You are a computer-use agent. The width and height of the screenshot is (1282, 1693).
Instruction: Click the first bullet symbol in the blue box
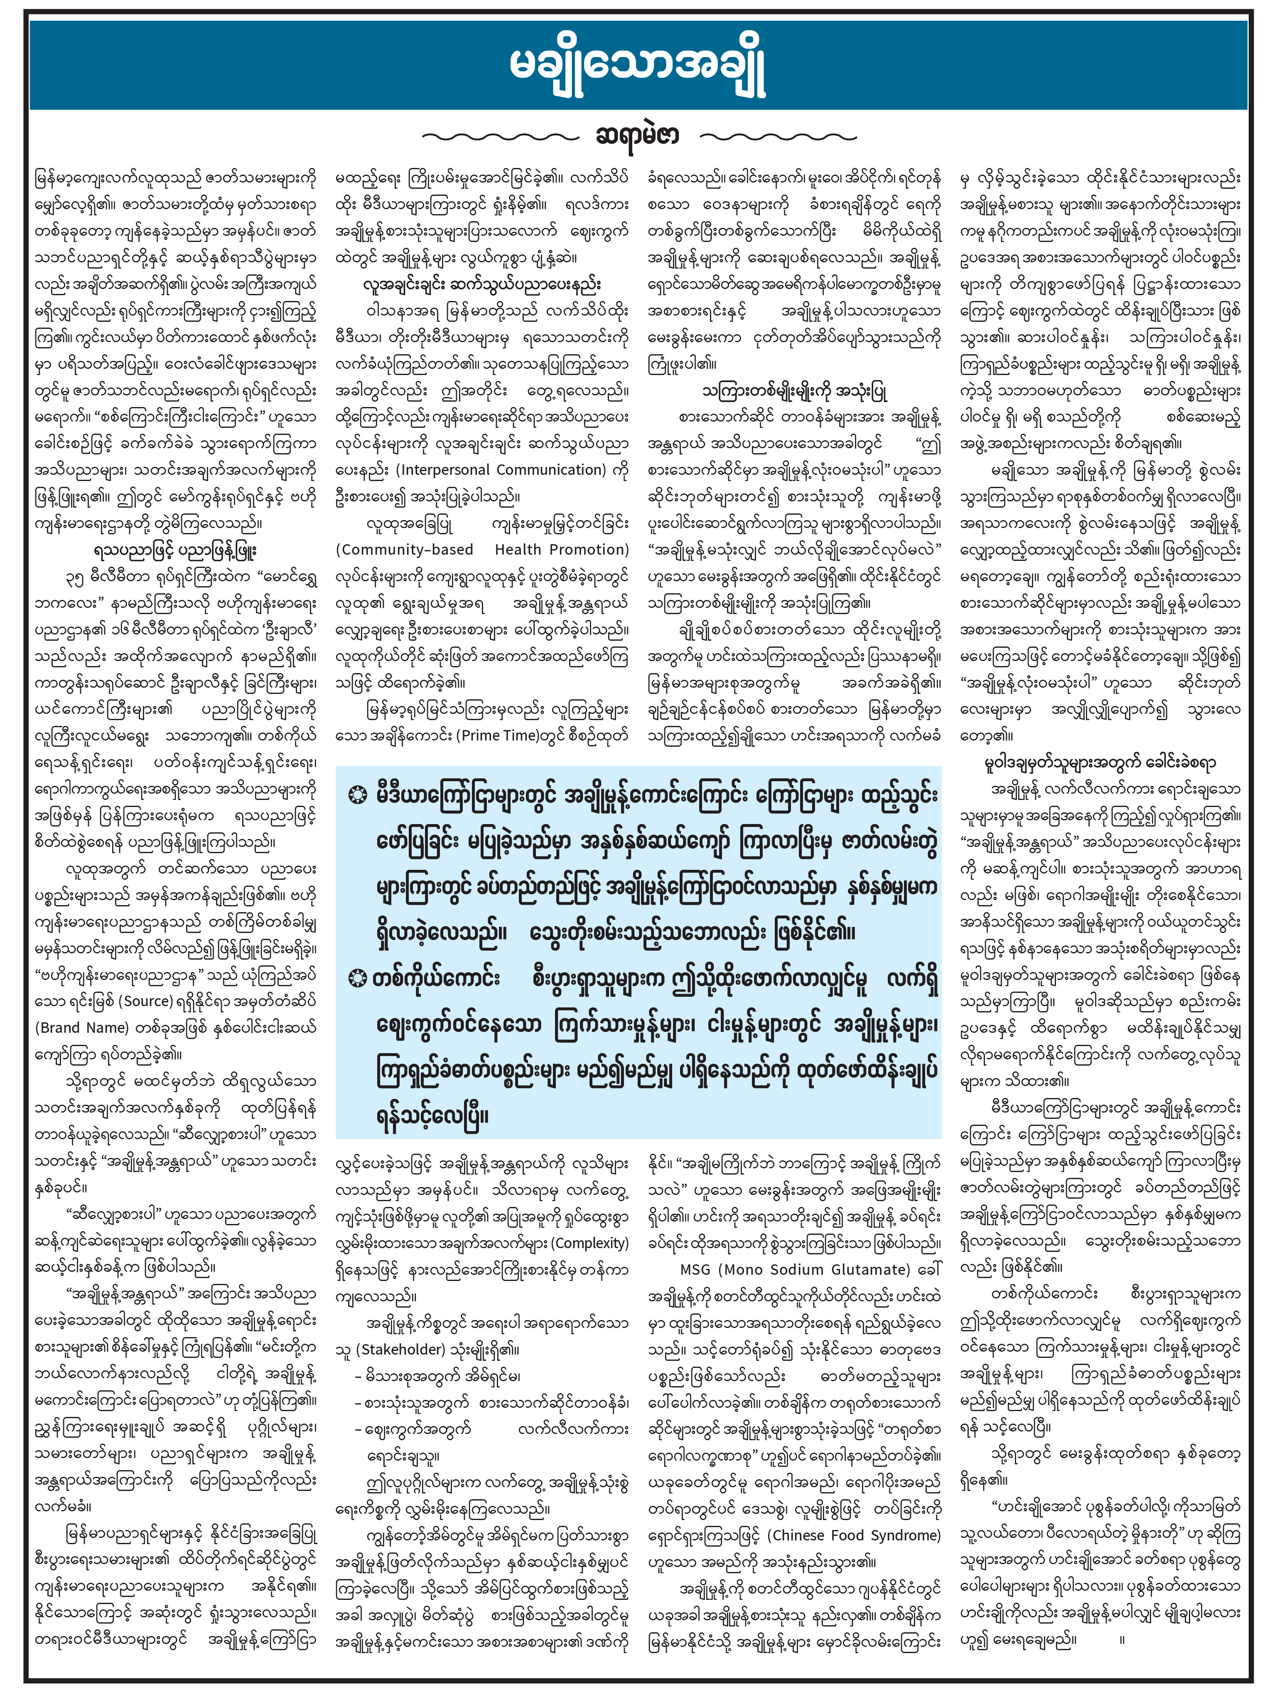pyautogui.click(x=357, y=796)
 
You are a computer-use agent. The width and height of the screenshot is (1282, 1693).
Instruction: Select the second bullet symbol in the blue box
pyautogui.click(x=357, y=978)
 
